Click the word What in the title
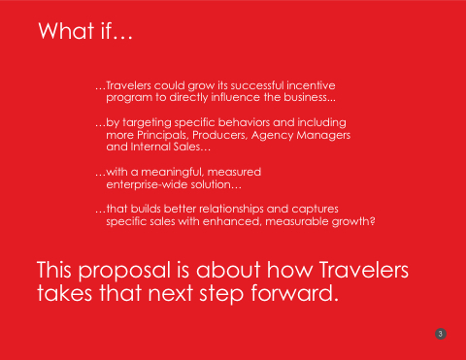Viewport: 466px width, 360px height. [x=67, y=31]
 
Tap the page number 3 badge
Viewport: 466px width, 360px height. [x=441, y=334]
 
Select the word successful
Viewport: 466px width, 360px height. [x=257, y=85]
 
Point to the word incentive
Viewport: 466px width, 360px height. [x=311, y=85]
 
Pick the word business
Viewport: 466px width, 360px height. [x=310, y=97]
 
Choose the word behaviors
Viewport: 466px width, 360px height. [x=244, y=122]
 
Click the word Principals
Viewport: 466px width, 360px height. [x=163, y=135]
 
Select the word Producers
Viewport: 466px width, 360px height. [x=220, y=135]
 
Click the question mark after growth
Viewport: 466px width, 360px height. [x=373, y=221]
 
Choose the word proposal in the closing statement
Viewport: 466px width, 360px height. [x=124, y=271]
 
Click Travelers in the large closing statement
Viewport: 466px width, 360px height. [x=364, y=270]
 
